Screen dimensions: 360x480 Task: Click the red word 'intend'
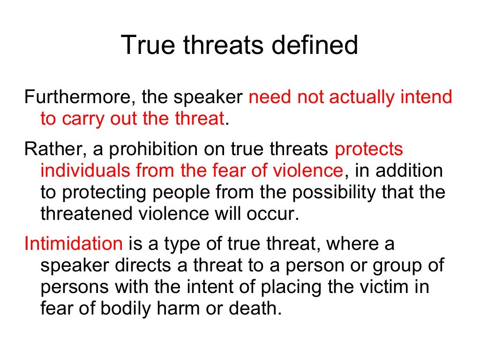click(x=426, y=97)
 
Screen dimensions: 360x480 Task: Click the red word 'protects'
click(x=369, y=149)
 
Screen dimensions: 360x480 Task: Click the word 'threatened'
click(x=89, y=214)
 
